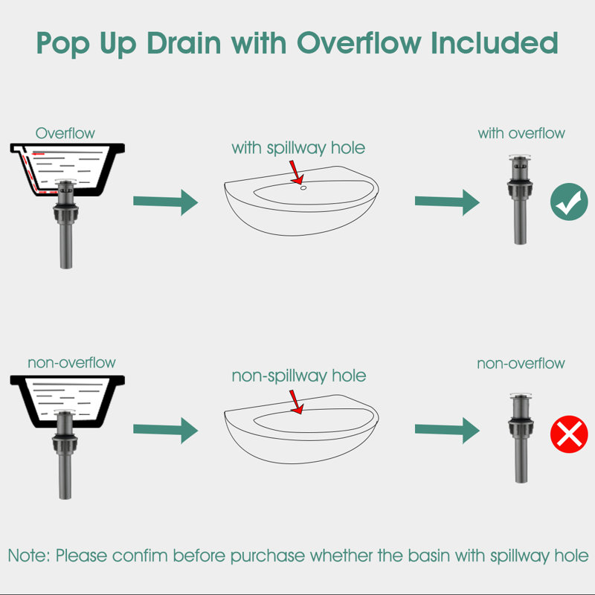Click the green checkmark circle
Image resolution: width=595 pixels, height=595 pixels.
(569, 202)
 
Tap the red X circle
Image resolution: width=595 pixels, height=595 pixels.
(569, 434)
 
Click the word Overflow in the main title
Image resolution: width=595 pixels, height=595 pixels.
(359, 43)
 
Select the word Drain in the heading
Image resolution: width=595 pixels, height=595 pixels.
(184, 43)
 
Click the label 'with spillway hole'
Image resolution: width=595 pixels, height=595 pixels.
(298, 147)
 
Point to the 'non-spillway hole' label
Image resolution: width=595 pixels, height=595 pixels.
(299, 376)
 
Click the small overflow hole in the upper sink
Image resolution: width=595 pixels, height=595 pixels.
(303, 187)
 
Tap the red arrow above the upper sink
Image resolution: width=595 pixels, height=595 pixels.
(296, 173)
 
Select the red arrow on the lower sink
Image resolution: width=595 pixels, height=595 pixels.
(296, 402)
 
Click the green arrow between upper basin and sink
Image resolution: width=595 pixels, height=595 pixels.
(165, 202)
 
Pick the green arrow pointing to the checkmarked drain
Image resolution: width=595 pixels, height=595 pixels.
(447, 202)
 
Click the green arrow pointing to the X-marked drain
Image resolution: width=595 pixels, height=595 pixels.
(447, 430)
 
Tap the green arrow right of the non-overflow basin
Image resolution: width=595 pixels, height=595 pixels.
(165, 430)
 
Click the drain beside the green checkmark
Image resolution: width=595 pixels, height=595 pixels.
(520, 199)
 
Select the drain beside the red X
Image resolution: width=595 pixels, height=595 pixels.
(521, 438)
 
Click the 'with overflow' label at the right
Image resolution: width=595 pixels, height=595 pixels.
(521, 133)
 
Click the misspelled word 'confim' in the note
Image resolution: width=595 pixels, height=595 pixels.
(140, 556)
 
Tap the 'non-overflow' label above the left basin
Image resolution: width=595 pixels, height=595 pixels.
(71, 363)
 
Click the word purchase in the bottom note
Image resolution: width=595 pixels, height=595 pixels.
(268, 556)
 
